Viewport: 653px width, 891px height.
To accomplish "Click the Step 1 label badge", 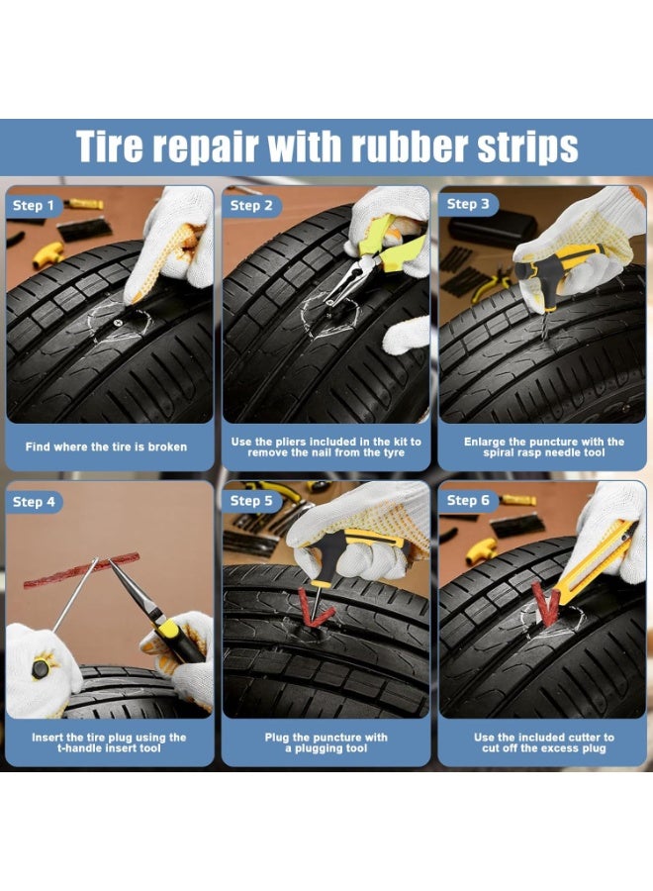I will (x=33, y=206).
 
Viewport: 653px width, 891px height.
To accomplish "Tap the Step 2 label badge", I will (x=250, y=206).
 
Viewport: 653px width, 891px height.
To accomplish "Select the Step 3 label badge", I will (x=468, y=205).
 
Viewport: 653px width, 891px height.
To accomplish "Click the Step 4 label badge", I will (x=33, y=502).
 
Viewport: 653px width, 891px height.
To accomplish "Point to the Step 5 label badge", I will (x=250, y=501).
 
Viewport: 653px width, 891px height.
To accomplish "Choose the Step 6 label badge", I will (x=468, y=501).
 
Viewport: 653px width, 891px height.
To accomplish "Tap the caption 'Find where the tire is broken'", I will (x=106, y=446).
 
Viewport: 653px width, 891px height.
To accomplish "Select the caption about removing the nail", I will (x=326, y=446).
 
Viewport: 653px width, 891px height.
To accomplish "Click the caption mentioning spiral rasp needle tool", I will (x=544, y=446).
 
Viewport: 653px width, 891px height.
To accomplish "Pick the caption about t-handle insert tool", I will (x=109, y=743).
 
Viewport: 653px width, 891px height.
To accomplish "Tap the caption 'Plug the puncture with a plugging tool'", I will (x=326, y=743).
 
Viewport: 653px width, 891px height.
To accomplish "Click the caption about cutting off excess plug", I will (x=544, y=743).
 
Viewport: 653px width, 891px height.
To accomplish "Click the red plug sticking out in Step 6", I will (x=544, y=603).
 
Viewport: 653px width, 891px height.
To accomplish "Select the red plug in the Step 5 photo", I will (x=316, y=608).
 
